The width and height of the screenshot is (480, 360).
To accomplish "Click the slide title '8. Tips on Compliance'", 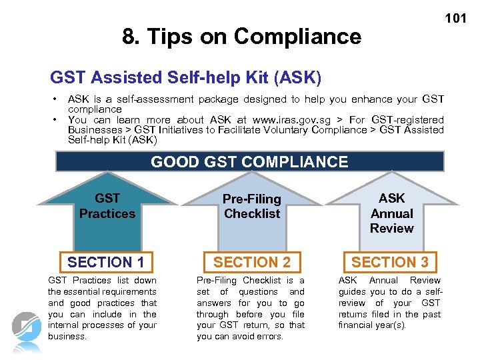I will (241, 36).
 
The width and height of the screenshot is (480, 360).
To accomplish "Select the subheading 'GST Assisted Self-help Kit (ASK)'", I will (186, 79).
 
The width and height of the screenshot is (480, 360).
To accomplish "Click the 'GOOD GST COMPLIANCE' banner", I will (249, 162).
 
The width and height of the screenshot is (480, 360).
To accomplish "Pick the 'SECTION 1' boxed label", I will (105, 262).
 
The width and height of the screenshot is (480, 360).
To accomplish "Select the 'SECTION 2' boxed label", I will (252, 262).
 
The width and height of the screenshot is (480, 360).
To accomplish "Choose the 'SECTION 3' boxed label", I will (390, 262).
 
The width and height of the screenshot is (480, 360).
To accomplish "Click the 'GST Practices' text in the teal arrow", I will (107, 206).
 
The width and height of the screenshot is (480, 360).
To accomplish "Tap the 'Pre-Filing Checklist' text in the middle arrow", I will (252, 206).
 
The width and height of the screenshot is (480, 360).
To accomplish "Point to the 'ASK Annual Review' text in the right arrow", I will (391, 213).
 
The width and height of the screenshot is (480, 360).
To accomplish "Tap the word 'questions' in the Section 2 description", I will (259, 291).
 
